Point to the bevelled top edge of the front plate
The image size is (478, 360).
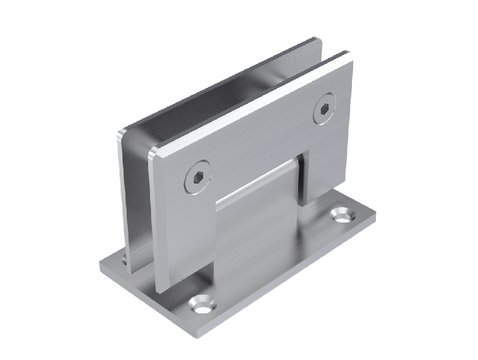(251, 102)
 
